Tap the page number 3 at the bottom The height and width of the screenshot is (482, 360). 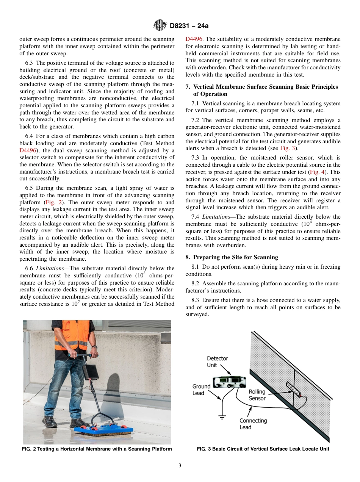[x=180, y=466]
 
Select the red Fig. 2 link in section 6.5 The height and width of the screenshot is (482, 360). [x=53, y=202]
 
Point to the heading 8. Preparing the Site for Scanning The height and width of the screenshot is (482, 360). [x=232, y=257]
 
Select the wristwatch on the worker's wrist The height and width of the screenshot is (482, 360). [x=94, y=347]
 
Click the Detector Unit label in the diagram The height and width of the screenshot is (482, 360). [x=217, y=361]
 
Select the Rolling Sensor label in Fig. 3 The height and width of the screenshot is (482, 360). [x=257, y=395]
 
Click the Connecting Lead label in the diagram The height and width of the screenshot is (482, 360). [x=253, y=424]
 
